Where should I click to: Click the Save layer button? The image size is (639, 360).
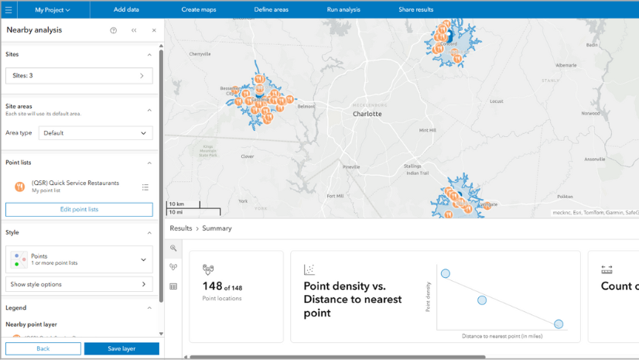pos(121,349)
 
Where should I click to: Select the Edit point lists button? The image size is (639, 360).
pos(79,210)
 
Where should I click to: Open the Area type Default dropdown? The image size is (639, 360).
pos(95,133)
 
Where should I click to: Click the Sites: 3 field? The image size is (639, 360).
pos(79,76)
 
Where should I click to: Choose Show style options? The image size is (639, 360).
pos(79,284)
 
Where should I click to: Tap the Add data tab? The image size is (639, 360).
pos(126,9)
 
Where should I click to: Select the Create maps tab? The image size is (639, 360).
pos(198,9)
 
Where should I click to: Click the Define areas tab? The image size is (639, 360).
pos(271,9)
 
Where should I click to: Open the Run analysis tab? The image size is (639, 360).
pos(343,9)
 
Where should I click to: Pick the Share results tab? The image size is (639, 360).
pos(415,9)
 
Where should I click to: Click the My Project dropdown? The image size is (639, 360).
pos(53,10)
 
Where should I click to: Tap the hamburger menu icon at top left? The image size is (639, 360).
pos(9,10)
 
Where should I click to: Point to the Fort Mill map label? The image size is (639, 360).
pos(335,196)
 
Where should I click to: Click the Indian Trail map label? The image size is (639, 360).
pos(417,173)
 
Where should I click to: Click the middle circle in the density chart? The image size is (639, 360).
pos(482,300)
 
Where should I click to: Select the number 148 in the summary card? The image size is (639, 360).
pos(213,286)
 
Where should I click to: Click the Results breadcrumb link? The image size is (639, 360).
pos(181,228)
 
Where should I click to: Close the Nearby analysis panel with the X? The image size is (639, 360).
pos(154,30)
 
